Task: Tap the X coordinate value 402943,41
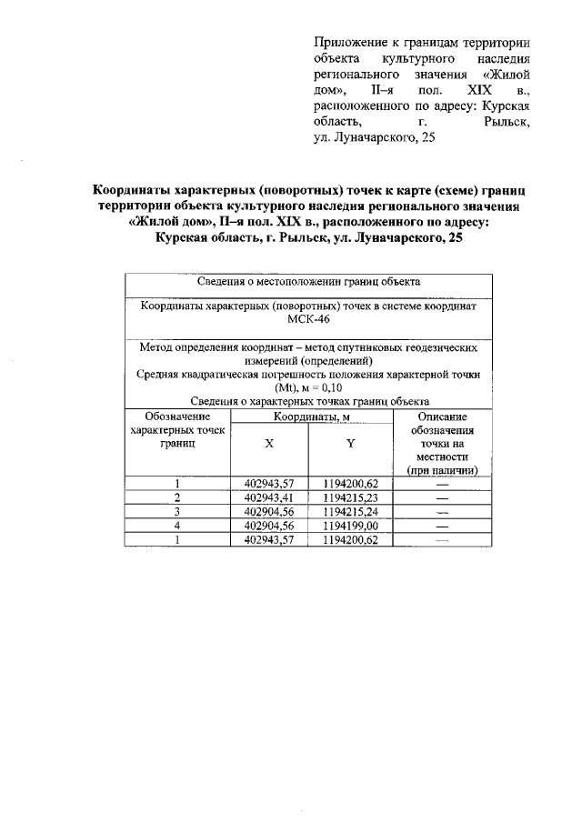point(269,497)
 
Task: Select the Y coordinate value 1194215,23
point(351,497)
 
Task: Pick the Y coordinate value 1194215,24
point(351,511)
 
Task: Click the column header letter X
point(269,444)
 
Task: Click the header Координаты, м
point(309,417)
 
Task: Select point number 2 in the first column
point(178,497)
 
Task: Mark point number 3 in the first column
point(178,511)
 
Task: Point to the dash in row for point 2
point(443,497)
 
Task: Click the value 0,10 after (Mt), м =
point(336,387)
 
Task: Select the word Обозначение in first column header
point(178,416)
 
